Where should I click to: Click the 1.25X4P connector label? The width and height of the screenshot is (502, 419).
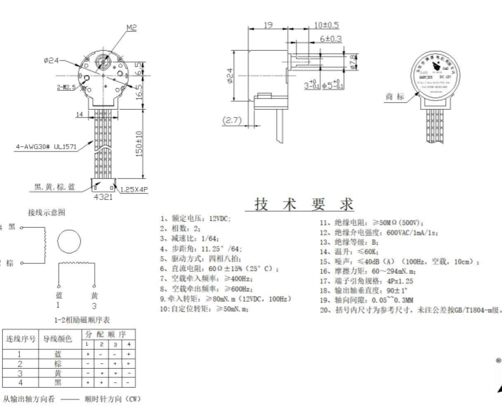134,189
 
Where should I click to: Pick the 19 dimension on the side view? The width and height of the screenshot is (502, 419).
267,24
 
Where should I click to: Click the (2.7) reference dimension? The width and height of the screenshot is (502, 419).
233,121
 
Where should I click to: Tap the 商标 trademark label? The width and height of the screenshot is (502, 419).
394,97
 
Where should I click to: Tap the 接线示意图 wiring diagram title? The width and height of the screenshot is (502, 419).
46,212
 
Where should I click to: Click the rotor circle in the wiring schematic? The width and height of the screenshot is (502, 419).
67,242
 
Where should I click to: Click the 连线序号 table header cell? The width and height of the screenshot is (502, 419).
20,339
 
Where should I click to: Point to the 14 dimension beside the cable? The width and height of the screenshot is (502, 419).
79,116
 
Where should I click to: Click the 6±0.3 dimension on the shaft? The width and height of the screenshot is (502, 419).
330,39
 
